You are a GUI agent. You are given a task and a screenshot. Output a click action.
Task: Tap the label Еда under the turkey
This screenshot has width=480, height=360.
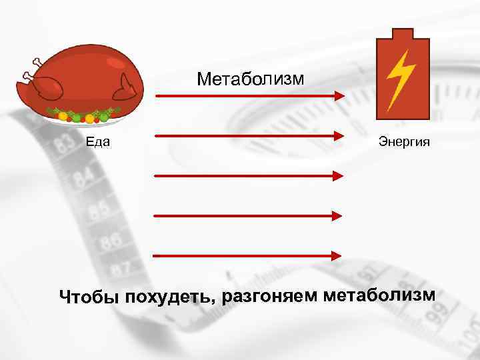pos(97,141)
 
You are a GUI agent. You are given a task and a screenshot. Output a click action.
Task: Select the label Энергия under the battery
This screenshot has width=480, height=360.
pos(404,141)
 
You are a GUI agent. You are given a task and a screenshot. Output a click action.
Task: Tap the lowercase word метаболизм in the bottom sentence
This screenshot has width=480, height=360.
pos(378,293)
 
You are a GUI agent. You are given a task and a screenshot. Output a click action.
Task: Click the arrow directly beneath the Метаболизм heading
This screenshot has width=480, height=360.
pos(249,96)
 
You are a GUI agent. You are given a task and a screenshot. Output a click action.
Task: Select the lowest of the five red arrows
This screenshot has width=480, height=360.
pos(247,255)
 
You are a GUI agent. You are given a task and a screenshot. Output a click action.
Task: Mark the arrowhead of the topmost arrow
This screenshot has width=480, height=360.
pos(339,96)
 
